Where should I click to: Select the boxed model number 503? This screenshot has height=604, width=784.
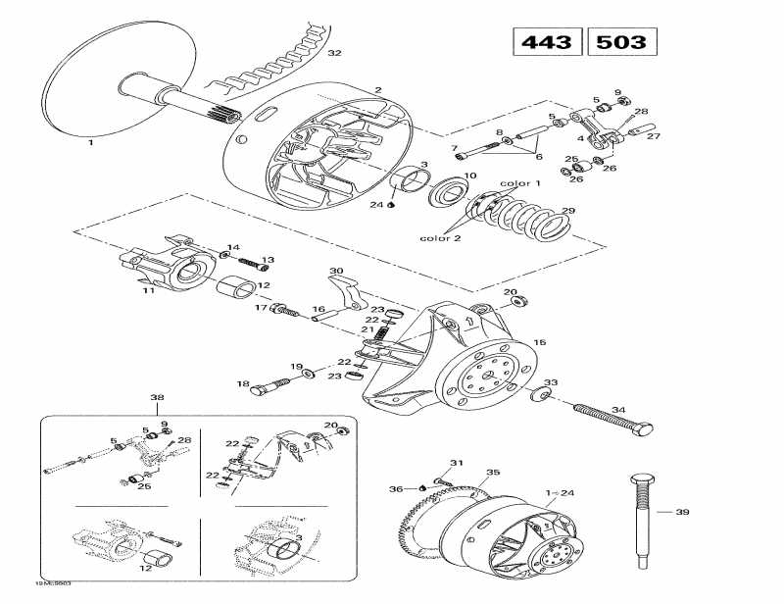[621, 43]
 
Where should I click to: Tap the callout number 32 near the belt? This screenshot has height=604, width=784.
[335, 52]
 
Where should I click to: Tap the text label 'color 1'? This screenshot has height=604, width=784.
[520, 183]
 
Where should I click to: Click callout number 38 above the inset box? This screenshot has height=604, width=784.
[157, 398]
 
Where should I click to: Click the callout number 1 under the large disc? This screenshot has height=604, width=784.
[90, 142]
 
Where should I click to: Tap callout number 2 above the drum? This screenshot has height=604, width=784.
[377, 90]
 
